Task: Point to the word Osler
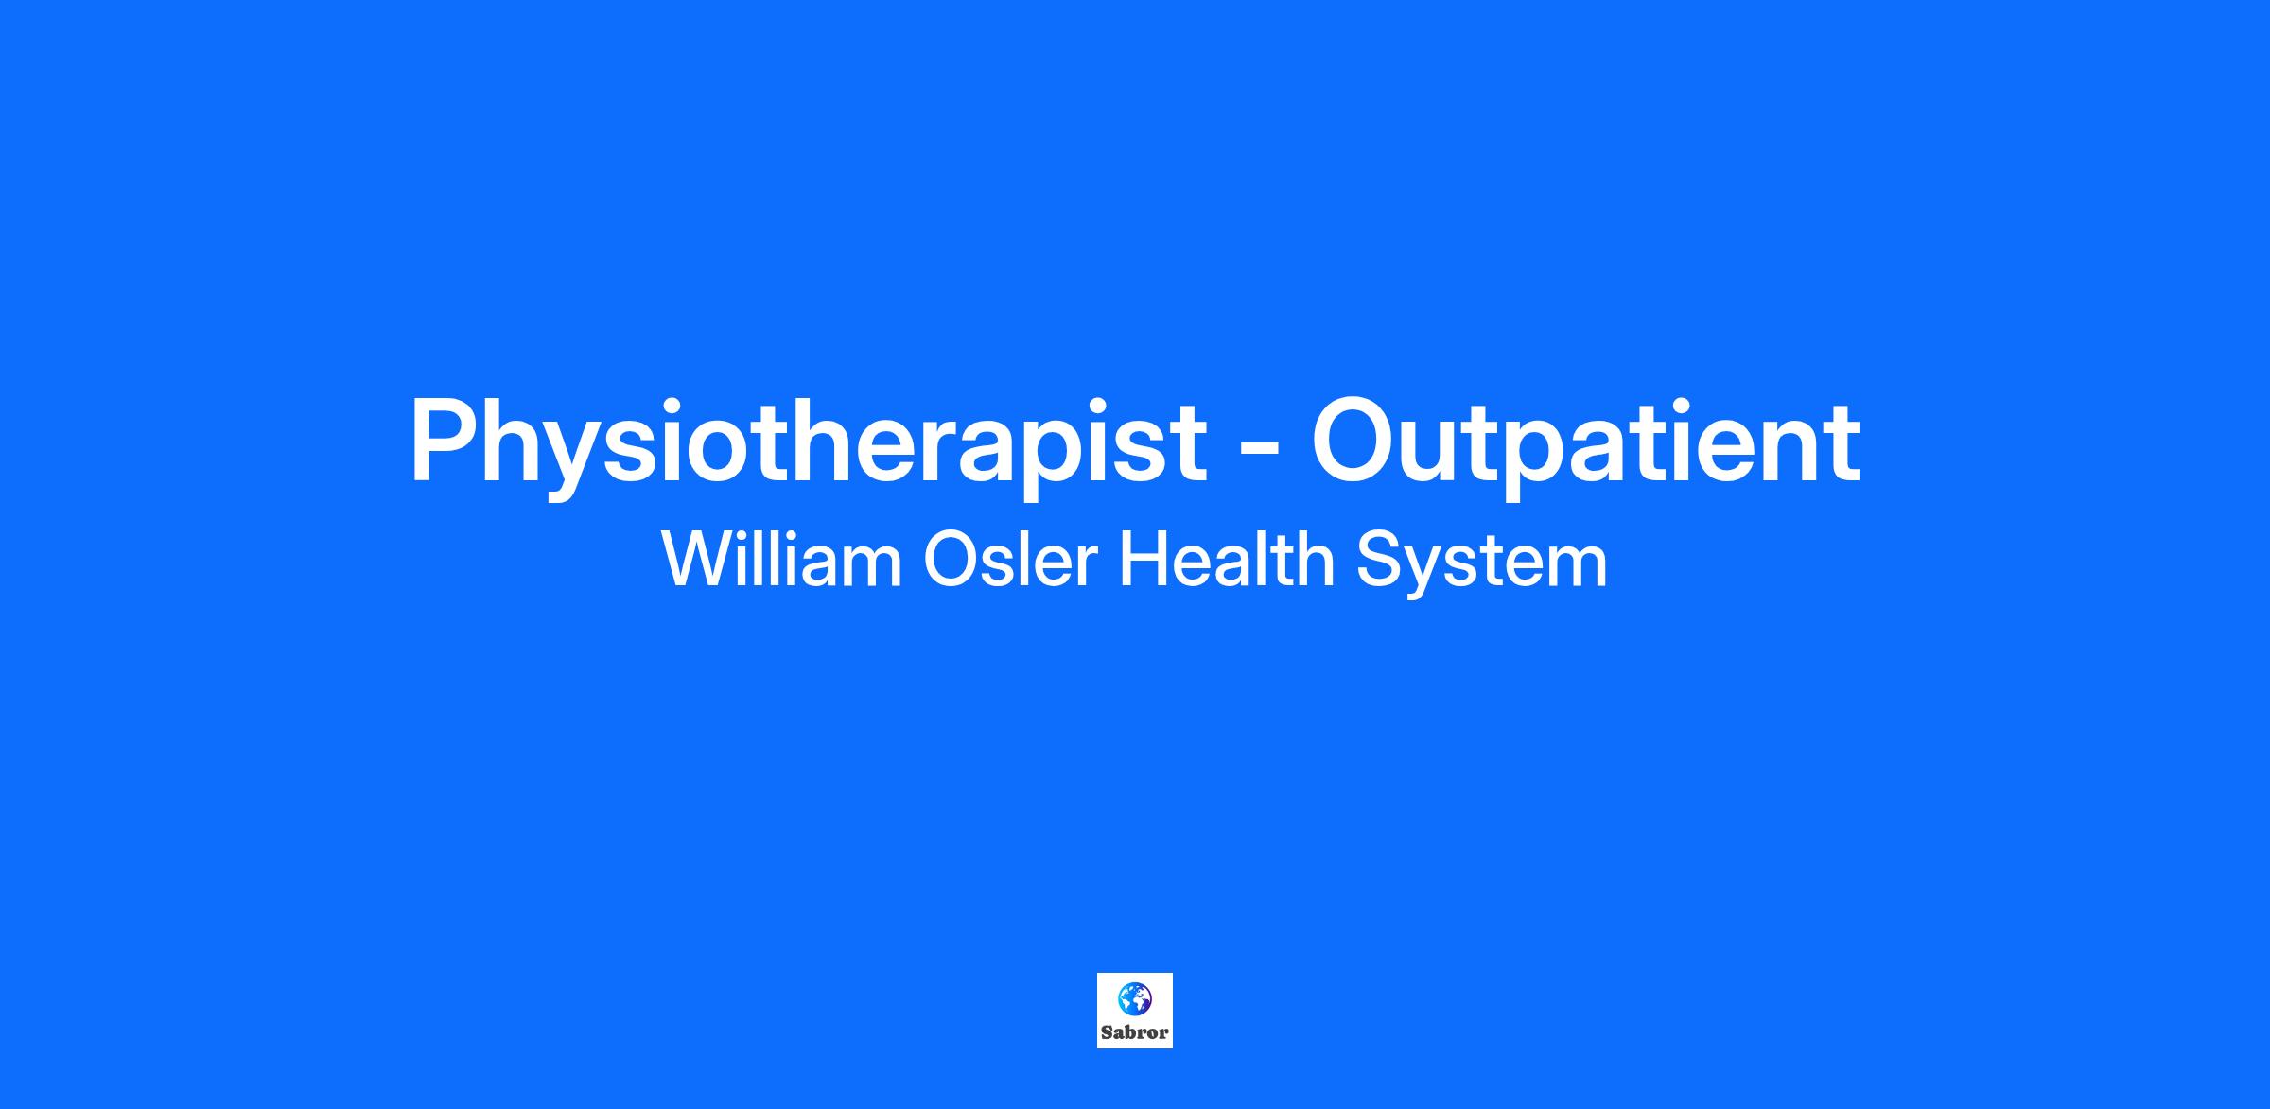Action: pyautogui.click(x=1010, y=559)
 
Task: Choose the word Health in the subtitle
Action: pyautogui.click(x=1227, y=559)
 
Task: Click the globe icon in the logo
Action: pyautogui.click(x=1134, y=997)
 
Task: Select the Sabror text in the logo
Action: pyautogui.click(x=1134, y=1032)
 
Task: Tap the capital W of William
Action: pyautogui.click(x=699, y=559)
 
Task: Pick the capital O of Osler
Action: pyautogui.click(x=950, y=559)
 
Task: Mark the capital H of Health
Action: pyautogui.click(x=1143, y=559)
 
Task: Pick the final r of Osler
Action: pyautogui.click(x=1087, y=566)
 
